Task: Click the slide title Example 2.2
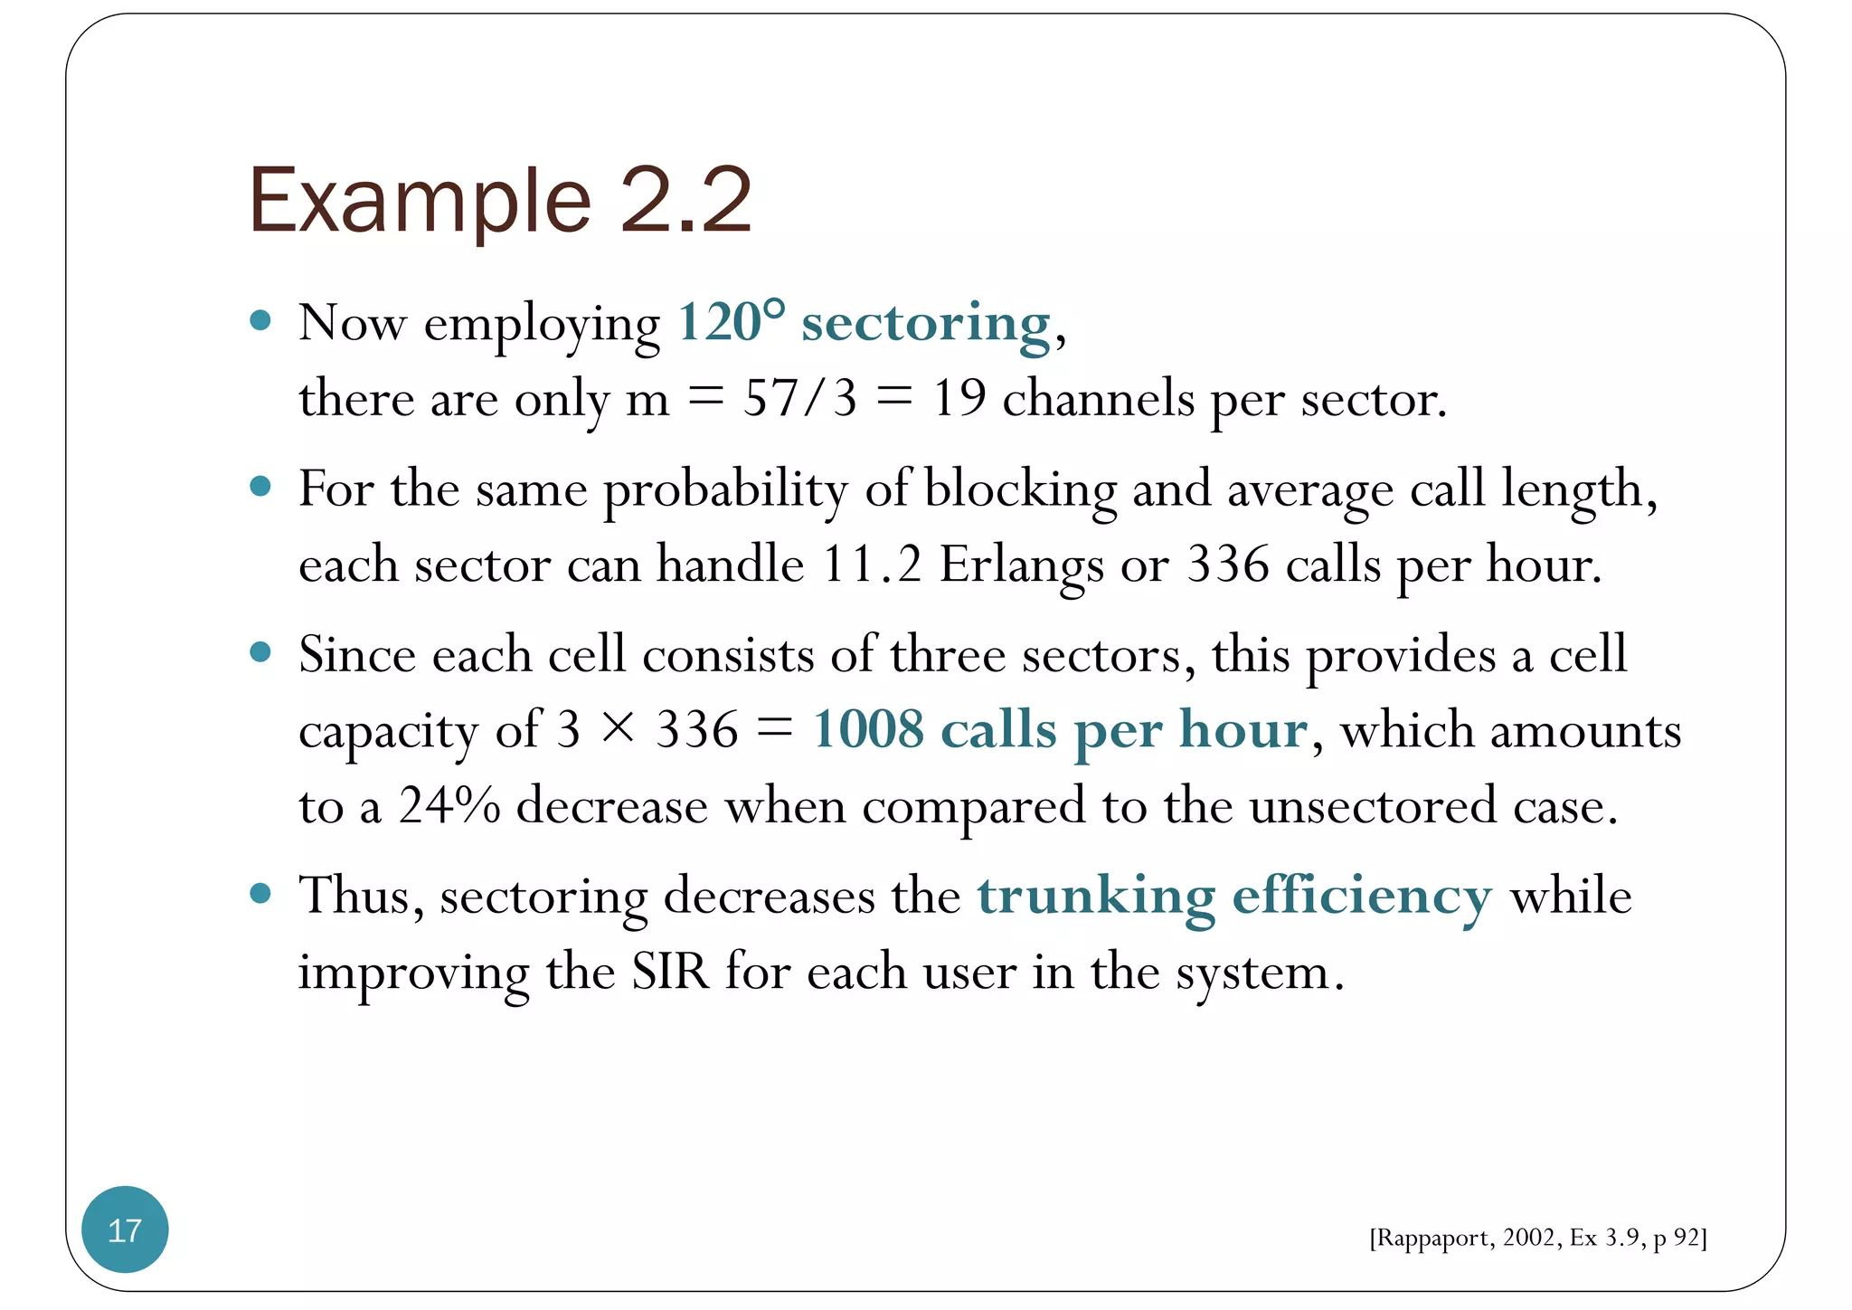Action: tap(500, 201)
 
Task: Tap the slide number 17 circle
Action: tap(125, 1229)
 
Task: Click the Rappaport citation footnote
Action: tap(1537, 1238)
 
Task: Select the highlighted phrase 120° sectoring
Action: tap(864, 323)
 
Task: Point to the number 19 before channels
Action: tap(959, 398)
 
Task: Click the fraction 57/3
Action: tap(799, 398)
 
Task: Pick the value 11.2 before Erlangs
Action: tap(872, 565)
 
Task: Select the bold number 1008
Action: tap(868, 729)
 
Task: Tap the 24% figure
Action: tap(449, 805)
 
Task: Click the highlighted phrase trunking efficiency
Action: tap(1234, 897)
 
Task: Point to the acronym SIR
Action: tap(670, 972)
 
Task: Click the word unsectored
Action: tap(1373, 805)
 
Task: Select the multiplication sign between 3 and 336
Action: tap(619, 729)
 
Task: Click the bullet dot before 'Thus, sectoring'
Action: tap(260, 894)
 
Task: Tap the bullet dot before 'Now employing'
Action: tap(260, 320)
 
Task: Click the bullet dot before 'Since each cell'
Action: tap(260, 652)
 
